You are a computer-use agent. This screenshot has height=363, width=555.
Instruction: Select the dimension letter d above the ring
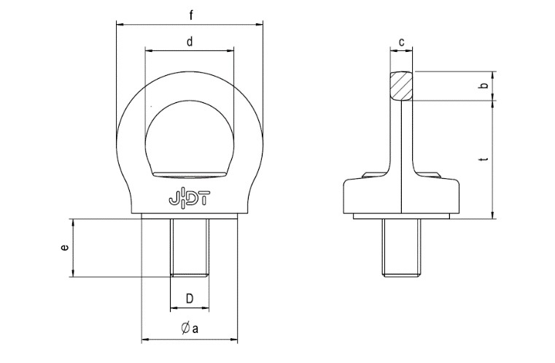coord(190,42)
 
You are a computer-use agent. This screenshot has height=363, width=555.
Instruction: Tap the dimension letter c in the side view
coord(401,42)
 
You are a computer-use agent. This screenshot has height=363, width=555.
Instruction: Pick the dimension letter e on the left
coord(64,248)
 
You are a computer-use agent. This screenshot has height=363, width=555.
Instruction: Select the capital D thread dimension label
coord(190,298)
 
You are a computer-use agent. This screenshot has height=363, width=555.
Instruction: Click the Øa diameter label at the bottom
coord(190,329)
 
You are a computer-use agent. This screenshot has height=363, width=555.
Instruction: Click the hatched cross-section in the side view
coord(401,86)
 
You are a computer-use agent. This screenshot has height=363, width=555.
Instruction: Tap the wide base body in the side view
coord(401,196)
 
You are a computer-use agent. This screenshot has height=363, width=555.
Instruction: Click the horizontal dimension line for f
coord(190,25)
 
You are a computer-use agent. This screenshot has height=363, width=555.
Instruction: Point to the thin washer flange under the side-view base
coord(401,216)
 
